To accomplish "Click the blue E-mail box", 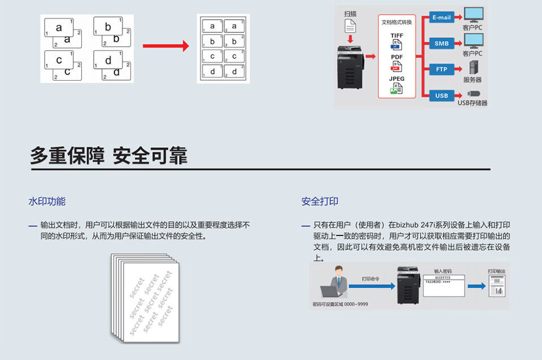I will (442, 17).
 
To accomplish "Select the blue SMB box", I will (442, 43).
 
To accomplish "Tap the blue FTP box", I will (442, 69).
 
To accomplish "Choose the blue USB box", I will (442, 95).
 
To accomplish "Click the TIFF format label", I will (397, 36).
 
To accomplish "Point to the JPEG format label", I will (397, 79).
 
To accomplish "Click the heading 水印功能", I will (47, 201).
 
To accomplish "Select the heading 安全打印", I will (320, 201).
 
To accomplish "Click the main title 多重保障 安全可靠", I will (108, 156).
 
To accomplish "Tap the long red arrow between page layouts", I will (165, 46).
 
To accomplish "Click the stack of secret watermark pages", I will (145, 297).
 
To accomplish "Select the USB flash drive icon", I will (473, 93).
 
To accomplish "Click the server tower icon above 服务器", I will (473, 68).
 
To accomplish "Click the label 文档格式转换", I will (397, 23).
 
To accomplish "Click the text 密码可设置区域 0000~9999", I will (340, 304).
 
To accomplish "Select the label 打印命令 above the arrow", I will (370, 279).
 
